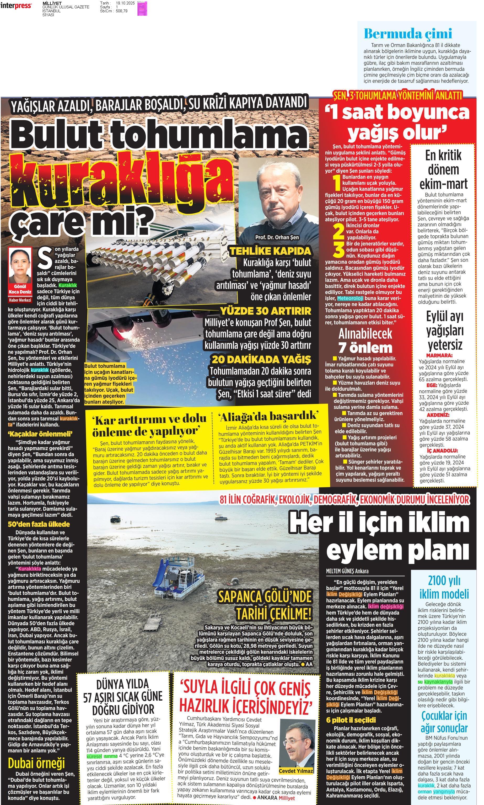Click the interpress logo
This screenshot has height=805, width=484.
pyautogui.click(x=16, y=6)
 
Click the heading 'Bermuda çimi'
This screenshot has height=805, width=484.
pyautogui.click(x=408, y=34)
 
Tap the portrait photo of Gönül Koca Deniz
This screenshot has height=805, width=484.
pyautogui.click(x=20, y=265)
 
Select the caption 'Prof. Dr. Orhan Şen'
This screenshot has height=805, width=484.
pyautogui.click(x=277, y=237)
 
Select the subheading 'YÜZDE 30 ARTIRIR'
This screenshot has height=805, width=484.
pyautogui.click(x=266, y=311)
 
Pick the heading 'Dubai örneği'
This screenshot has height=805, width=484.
pyautogui.click(x=36, y=763)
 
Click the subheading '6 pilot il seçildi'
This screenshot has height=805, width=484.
pyautogui.click(x=351, y=720)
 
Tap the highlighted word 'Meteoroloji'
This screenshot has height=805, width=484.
pyautogui.click(x=350, y=298)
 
